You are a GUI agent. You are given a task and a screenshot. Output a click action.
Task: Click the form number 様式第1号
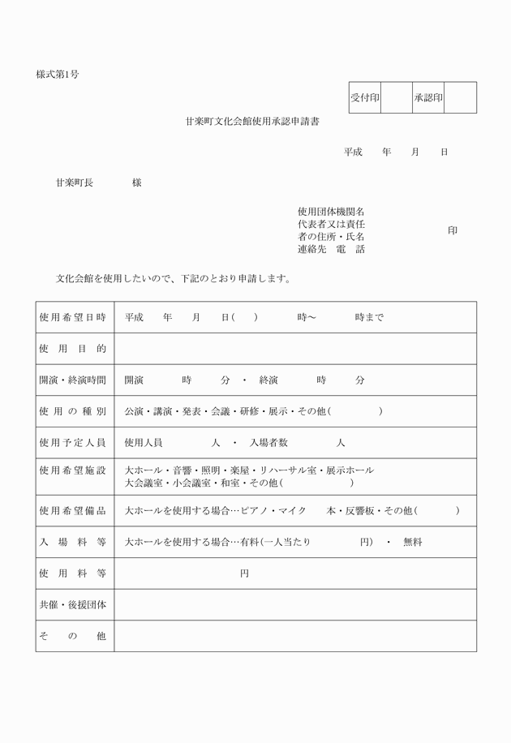click(x=58, y=75)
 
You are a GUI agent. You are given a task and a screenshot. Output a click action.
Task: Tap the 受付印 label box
click(x=365, y=98)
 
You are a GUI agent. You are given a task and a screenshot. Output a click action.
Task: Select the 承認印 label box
click(x=428, y=98)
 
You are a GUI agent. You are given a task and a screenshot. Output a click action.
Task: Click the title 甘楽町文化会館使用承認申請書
click(x=251, y=122)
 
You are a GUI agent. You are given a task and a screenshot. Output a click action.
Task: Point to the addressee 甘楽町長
click(x=74, y=183)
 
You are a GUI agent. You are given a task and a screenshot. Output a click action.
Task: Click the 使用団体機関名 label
click(x=331, y=212)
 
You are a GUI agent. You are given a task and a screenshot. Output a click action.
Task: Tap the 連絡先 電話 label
click(x=331, y=249)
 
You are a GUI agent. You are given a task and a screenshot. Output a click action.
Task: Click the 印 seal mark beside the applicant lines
click(x=453, y=230)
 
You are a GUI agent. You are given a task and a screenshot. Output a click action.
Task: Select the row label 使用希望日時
click(x=73, y=317)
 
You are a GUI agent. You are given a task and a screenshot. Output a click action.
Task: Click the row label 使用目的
click(x=73, y=348)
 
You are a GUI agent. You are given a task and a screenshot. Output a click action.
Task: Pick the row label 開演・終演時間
click(x=73, y=380)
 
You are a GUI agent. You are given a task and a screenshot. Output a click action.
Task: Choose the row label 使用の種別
click(x=73, y=411)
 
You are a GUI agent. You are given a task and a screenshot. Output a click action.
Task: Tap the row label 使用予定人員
click(x=73, y=443)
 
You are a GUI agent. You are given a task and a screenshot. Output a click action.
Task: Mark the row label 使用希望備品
click(x=73, y=510)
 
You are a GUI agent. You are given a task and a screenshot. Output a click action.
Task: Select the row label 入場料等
click(x=73, y=542)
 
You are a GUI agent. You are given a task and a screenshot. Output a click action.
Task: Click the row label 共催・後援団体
click(x=73, y=605)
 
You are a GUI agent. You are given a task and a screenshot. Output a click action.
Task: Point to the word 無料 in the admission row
click(x=413, y=542)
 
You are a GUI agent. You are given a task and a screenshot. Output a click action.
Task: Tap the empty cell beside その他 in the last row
click(x=294, y=637)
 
